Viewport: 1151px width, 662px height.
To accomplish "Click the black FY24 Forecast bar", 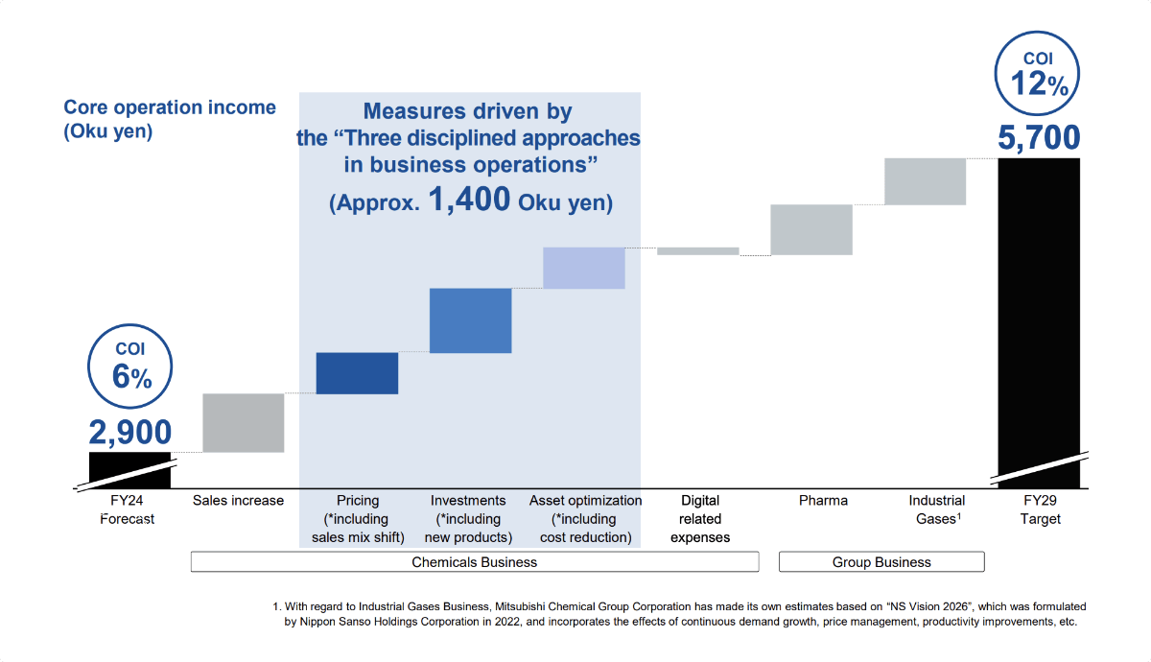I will click(x=129, y=469).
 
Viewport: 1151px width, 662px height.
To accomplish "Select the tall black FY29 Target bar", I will click(x=1039, y=317).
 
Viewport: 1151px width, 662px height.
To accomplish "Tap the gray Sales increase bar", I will click(x=244, y=422).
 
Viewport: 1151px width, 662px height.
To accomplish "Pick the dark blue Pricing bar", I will click(x=357, y=373).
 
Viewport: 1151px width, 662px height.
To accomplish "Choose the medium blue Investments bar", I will click(x=470, y=320).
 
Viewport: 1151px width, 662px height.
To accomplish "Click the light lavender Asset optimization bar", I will click(x=583, y=268).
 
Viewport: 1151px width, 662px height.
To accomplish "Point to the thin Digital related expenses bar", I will click(x=697, y=251).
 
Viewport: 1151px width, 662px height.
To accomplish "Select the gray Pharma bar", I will click(x=811, y=229).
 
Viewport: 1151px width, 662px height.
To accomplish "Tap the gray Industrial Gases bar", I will click(x=925, y=181).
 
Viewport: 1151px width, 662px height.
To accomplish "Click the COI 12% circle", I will click(x=1039, y=74).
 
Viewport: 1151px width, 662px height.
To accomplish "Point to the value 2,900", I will click(x=131, y=432).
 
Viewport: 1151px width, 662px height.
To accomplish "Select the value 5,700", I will click(x=1039, y=138).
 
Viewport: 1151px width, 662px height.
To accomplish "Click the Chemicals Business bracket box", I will click(x=474, y=561).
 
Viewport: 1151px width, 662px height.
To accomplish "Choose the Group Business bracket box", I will click(x=881, y=561).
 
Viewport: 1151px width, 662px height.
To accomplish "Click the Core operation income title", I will click(x=169, y=107).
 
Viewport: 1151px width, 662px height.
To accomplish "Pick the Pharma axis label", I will click(x=823, y=500).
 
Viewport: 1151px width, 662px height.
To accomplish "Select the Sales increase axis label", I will click(x=238, y=500).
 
